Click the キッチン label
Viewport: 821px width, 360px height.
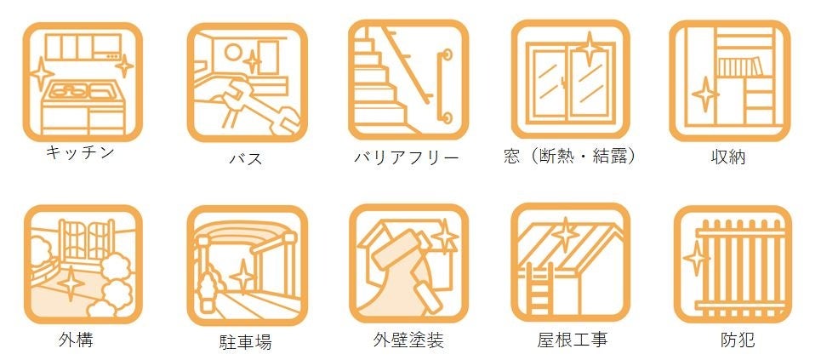pos(80,153)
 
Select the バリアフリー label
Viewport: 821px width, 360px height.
pos(407,158)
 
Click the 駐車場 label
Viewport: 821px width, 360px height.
pos(244,343)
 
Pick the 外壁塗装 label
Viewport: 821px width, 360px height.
pos(408,340)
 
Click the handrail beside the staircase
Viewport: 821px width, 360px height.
pos(441,85)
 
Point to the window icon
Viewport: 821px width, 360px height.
pos(570,81)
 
